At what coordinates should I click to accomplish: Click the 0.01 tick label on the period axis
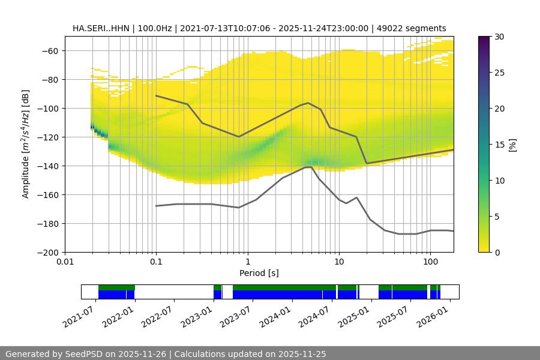[65, 262]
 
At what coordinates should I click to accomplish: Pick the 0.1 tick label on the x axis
[156, 262]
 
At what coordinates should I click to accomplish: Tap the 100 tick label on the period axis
[430, 262]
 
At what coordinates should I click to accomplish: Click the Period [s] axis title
[259, 273]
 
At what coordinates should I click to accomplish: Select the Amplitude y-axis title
[26, 144]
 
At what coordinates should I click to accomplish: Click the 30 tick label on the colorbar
[499, 37]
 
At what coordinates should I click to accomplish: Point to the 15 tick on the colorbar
[499, 145]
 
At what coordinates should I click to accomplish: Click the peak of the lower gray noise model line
[308, 167]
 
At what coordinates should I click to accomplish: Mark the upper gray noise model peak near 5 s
[308, 103]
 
